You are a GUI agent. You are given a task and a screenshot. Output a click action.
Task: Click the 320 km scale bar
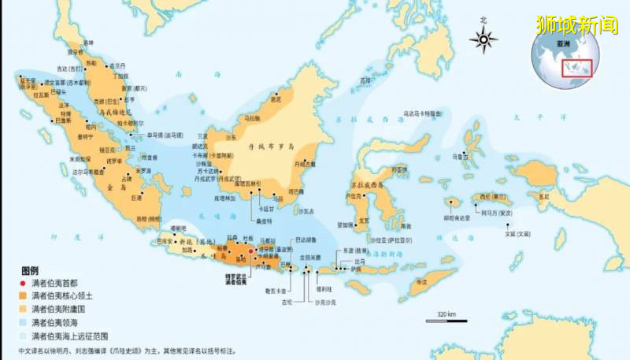(446, 317)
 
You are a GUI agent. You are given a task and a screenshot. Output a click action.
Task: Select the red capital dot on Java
(251, 251)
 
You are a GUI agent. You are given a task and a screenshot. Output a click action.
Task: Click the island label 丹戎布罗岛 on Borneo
(272, 146)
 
